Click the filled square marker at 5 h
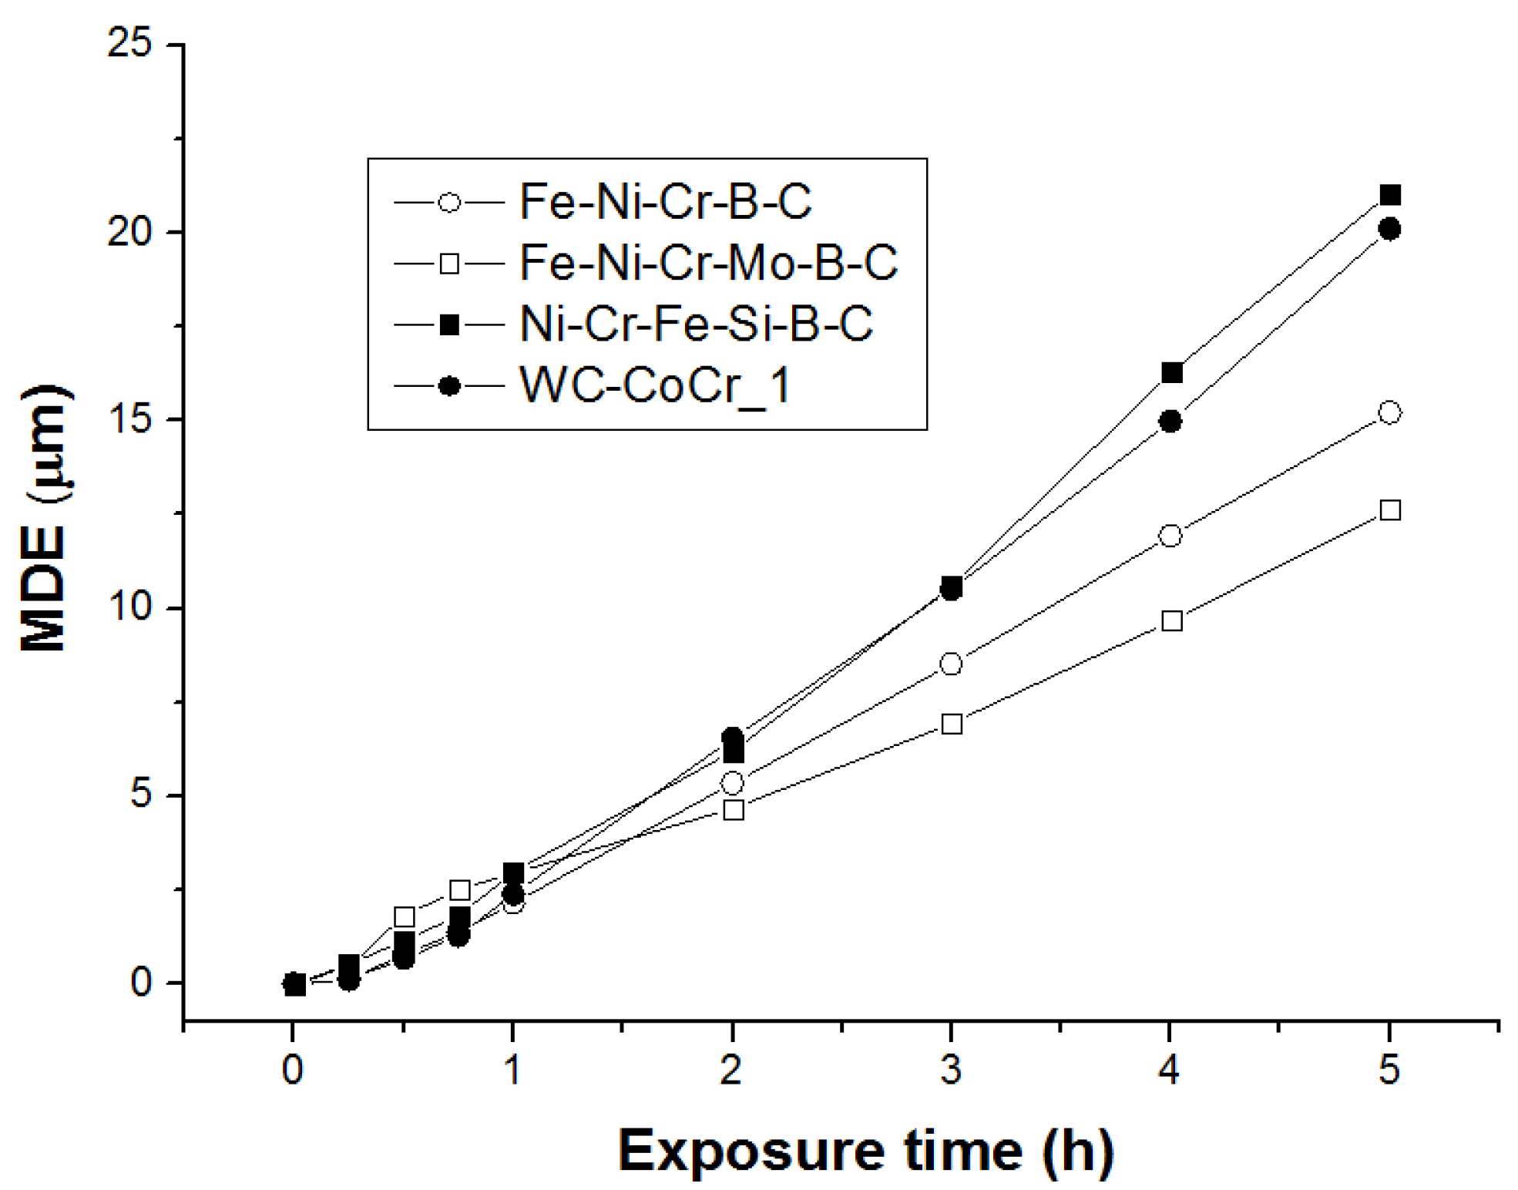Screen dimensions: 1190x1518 [x=1389, y=196]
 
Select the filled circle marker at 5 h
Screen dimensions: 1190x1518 [x=1389, y=229]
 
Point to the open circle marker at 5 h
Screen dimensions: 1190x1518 [x=1389, y=412]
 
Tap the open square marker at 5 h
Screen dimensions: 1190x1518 [x=1389, y=510]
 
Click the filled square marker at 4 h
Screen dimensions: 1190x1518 [x=1171, y=373]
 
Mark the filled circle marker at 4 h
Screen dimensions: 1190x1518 [x=1170, y=422]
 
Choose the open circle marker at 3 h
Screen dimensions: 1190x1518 [x=951, y=664]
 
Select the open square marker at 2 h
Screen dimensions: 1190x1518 [x=734, y=810]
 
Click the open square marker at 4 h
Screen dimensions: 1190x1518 [x=1171, y=620]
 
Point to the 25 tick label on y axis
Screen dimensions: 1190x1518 [x=129, y=43]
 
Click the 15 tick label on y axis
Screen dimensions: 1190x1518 [x=129, y=420]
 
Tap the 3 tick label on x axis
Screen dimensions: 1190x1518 [x=951, y=1071]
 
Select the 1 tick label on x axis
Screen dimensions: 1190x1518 [x=512, y=1071]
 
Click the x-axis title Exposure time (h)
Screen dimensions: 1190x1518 [x=865, y=1151]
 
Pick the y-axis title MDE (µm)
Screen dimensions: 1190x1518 [x=45, y=518]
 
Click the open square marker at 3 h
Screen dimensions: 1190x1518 [x=952, y=724]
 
